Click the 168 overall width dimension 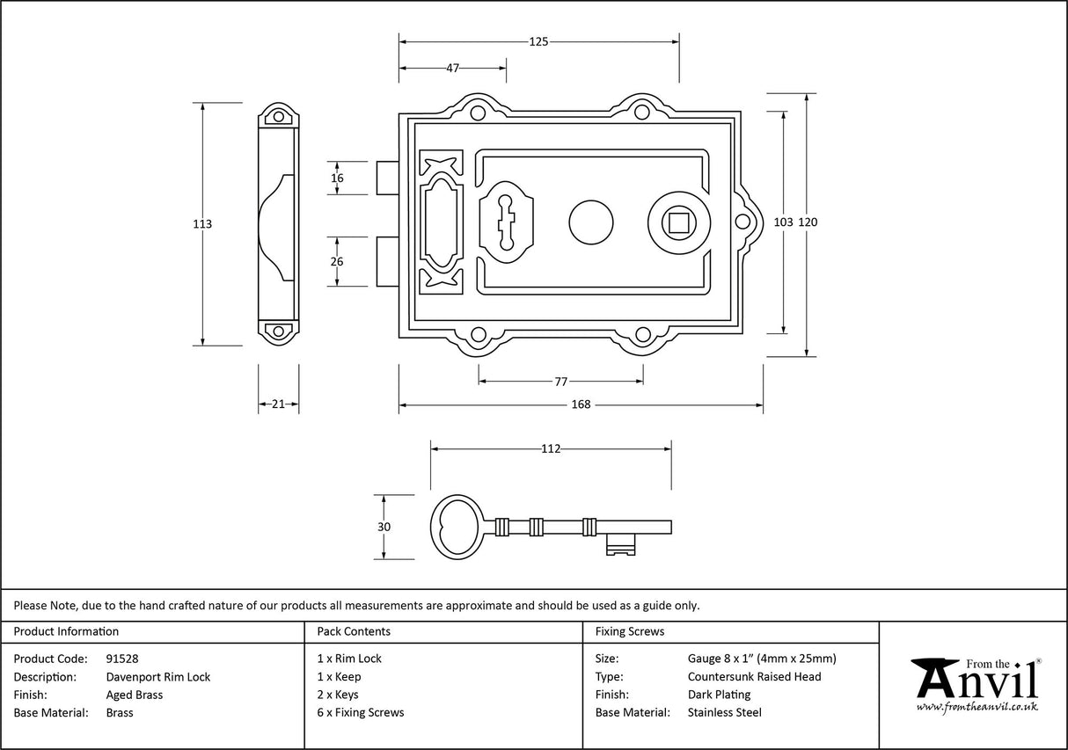[581, 405]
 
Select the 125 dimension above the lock [538, 41]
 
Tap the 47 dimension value [452, 69]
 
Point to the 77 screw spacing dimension [560, 382]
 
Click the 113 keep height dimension [202, 224]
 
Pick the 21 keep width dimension [278, 404]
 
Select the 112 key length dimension [551, 449]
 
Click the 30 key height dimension [384, 527]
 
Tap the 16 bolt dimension [337, 178]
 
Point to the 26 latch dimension [337, 261]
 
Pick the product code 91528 [121, 659]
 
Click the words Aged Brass [135, 695]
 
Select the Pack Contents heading [354, 631]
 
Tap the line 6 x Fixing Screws [361, 713]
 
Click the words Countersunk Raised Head [754, 677]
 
